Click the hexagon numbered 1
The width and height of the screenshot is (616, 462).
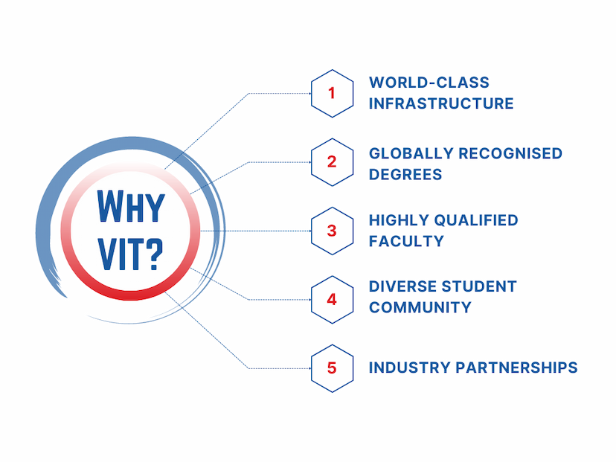[332, 94]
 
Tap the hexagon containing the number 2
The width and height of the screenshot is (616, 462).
[332, 162]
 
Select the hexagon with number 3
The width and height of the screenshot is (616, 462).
[332, 231]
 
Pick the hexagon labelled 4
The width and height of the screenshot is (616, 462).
[332, 300]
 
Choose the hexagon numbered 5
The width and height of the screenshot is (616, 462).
[332, 368]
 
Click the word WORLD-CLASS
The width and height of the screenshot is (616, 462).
[429, 83]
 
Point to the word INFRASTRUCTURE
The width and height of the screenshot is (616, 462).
[441, 103]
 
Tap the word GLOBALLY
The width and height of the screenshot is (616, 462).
[411, 153]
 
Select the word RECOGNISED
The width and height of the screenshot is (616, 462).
[510, 153]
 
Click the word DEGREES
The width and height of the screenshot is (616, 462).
[405, 174]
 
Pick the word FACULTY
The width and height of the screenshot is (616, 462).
[406, 241]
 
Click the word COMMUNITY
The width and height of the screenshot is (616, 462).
[420, 307]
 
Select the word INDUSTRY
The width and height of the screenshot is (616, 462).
[409, 368]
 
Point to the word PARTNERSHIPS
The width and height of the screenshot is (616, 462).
[516, 368]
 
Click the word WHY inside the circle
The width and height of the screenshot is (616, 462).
[131, 207]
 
